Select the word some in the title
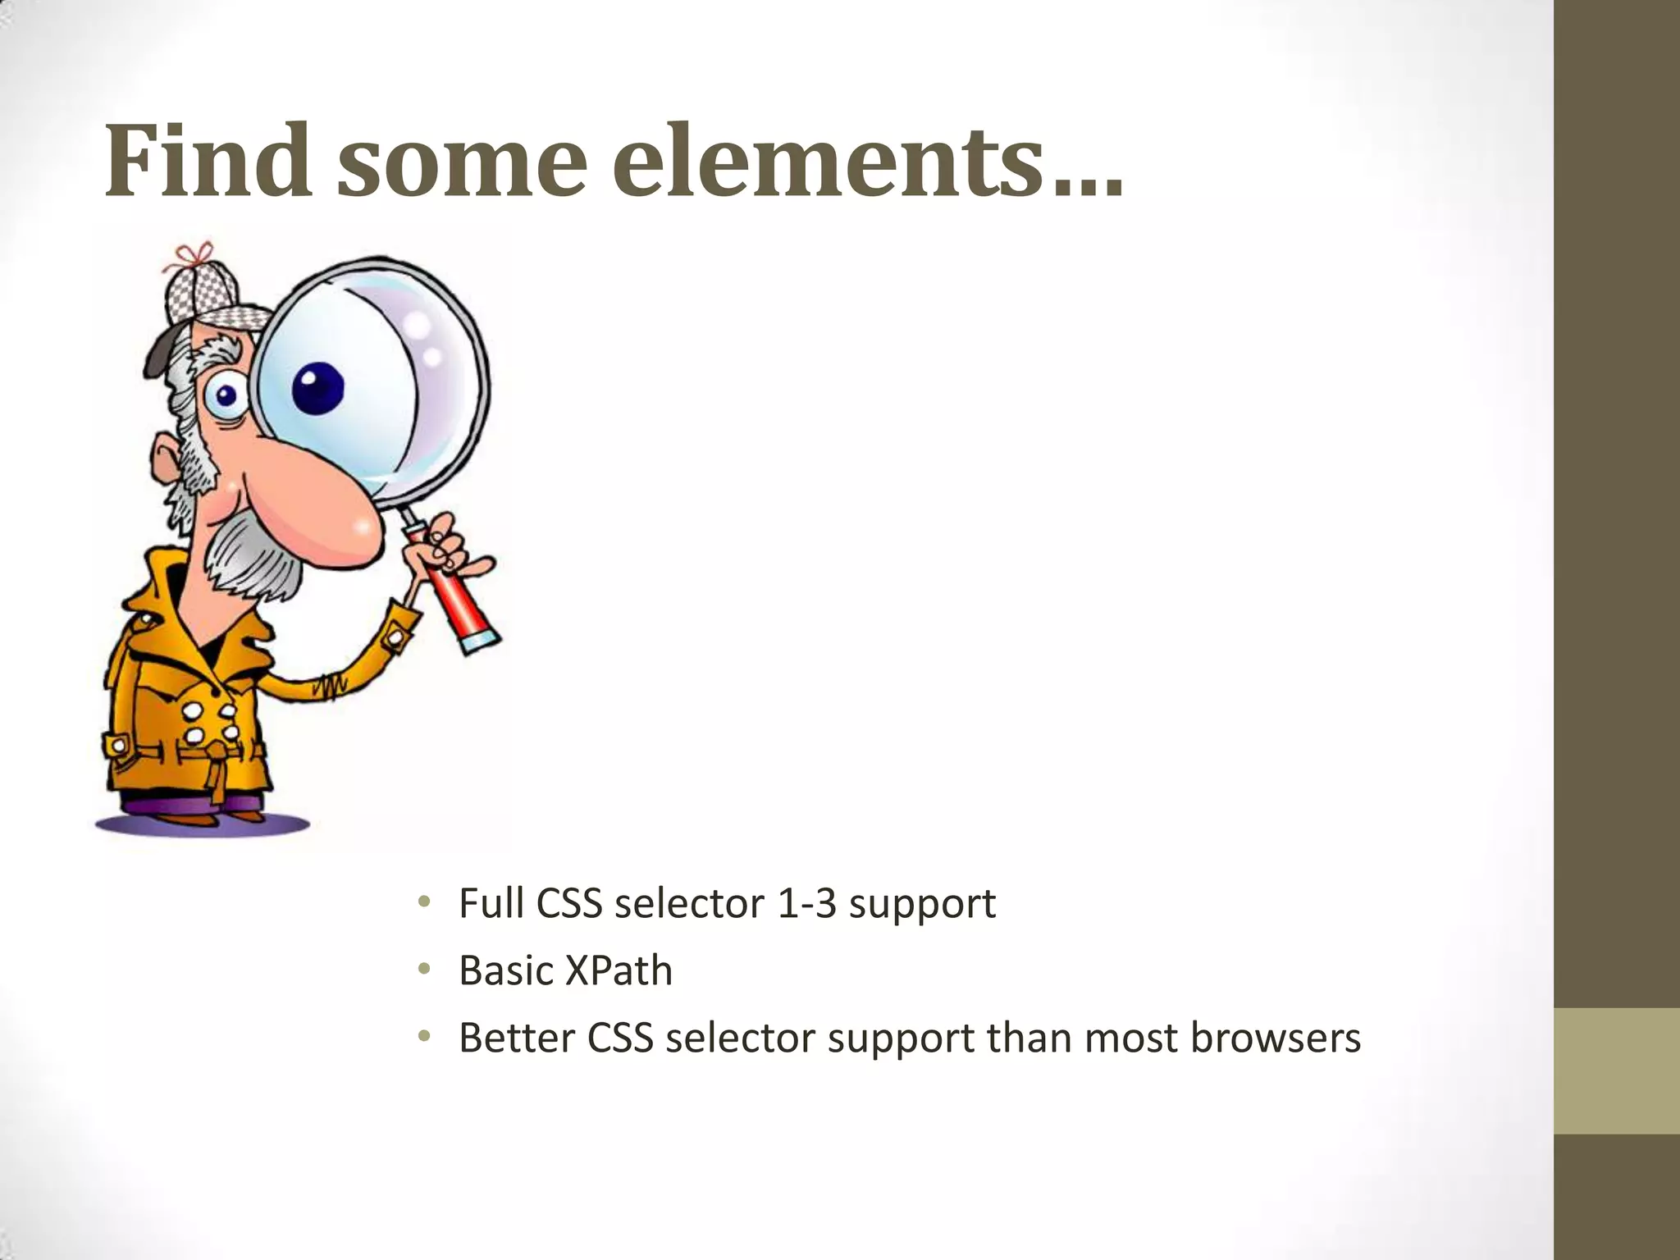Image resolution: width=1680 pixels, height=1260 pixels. click(x=461, y=162)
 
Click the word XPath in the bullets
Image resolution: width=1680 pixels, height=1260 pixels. click(x=619, y=971)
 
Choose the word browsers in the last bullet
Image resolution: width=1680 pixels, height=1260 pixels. click(x=1275, y=1038)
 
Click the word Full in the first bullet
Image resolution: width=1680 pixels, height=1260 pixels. click(x=491, y=904)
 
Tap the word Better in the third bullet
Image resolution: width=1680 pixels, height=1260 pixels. click(x=516, y=1038)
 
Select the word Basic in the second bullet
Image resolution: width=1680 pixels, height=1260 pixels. click(x=506, y=971)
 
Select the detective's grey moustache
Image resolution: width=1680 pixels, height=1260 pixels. click(x=254, y=558)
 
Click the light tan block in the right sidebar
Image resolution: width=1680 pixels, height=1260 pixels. click(x=1617, y=1071)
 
